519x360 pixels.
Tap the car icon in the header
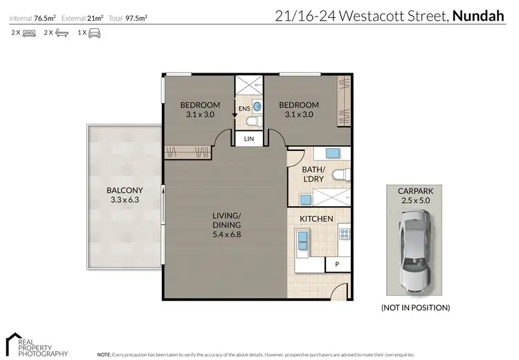(93, 33)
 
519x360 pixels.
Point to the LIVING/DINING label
(226, 224)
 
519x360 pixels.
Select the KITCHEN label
(316, 219)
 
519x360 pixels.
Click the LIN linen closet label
(249, 140)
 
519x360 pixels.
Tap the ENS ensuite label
(244, 109)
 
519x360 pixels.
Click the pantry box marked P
(337, 264)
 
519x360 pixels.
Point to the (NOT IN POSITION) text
(415, 307)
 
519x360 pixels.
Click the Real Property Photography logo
(28, 344)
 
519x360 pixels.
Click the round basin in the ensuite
(257, 107)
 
